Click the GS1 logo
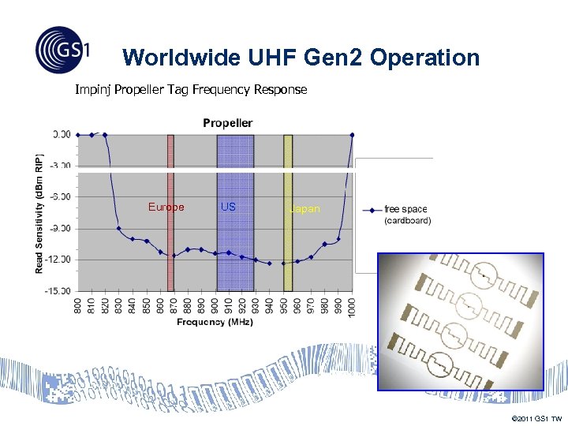(62, 48)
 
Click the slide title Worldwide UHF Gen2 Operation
(301, 58)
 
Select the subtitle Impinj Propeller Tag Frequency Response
(190, 90)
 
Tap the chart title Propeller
(227, 123)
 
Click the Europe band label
(166, 207)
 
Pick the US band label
(228, 207)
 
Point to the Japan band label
(305, 209)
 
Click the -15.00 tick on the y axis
(60, 290)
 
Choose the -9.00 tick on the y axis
(60, 228)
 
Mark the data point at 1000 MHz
(352, 135)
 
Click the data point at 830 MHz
(118, 229)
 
